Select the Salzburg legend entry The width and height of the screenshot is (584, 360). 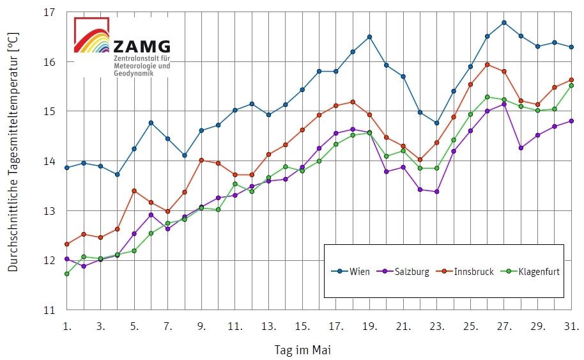[x=406, y=272]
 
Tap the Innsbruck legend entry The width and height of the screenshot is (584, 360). [x=469, y=272]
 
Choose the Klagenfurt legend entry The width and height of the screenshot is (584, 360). [x=534, y=272]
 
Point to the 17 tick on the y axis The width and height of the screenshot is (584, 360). [x=49, y=13]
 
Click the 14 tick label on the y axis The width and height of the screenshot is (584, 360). [x=49, y=162]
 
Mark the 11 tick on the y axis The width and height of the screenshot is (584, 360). [x=49, y=311]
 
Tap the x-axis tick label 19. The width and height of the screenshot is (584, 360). [x=370, y=327]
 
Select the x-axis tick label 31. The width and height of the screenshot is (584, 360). [x=572, y=327]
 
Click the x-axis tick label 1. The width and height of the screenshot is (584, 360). [x=67, y=327]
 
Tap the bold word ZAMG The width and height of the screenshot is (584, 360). [x=142, y=47]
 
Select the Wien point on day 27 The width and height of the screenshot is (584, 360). [x=504, y=22]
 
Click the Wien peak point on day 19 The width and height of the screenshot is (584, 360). [x=369, y=37]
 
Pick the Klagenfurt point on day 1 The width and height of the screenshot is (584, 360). [x=67, y=274]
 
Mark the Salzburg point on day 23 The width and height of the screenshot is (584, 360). [x=437, y=192]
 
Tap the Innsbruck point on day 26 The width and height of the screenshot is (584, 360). [x=487, y=65]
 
